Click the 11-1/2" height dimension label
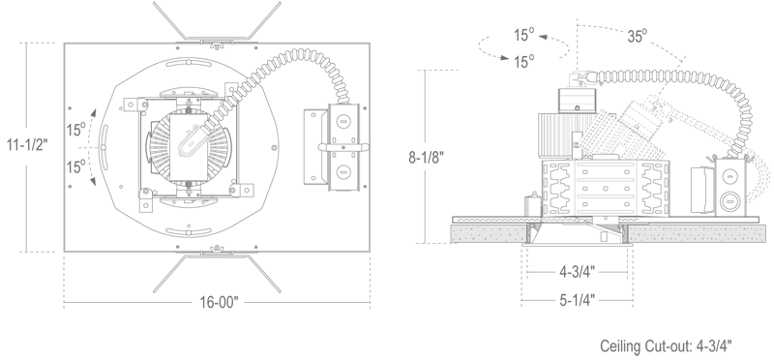[x=27, y=145]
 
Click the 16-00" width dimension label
[x=219, y=302]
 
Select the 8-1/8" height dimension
[x=426, y=157]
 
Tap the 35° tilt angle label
[x=638, y=36]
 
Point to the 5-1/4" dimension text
[x=577, y=300]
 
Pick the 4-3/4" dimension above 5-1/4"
[x=577, y=272]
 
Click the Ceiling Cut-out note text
[x=666, y=345]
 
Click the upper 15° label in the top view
[x=76, y=130]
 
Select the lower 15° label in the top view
[x=76, y=166]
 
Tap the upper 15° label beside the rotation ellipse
[x=524, y=35]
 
